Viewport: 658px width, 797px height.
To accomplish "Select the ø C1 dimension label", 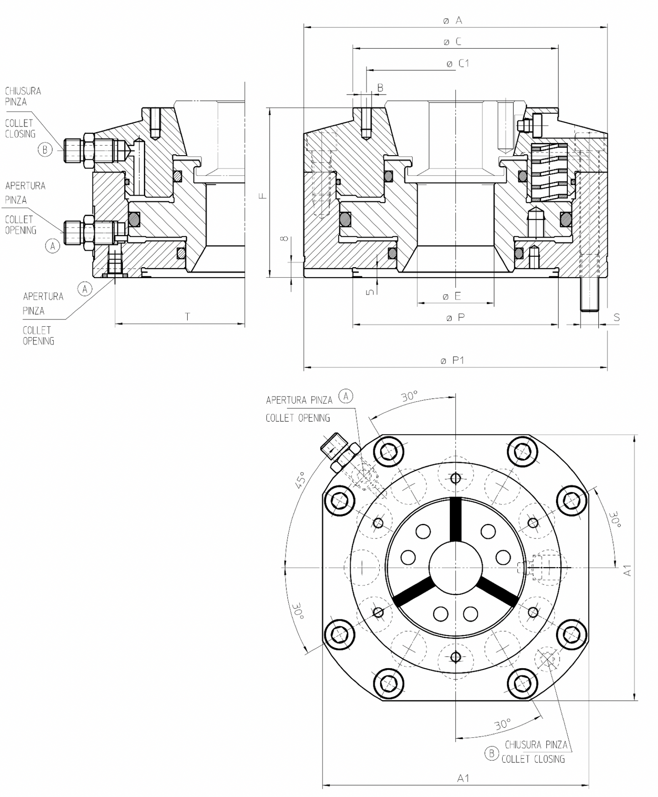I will pyautogui.click(x=458, y=63).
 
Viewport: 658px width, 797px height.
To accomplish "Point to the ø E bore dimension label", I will pyautogui.click(x=452, y=296).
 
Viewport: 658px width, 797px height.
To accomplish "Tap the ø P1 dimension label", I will pyautogui.click(x=452, y=360).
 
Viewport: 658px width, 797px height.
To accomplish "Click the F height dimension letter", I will pyautogui.click(x=263, y=196).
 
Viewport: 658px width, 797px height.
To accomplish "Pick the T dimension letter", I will pyautogui.click(x=187, y=317).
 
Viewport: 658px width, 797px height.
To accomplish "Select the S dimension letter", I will pyautogui.click(x=617, y=317).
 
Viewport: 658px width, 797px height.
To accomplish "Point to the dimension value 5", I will pyautogui.click(x=371, y=291).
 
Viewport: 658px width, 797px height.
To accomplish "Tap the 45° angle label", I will pyautogui.click(x=300, y=480).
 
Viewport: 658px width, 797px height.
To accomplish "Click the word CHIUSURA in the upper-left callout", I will pyautogui.click(x=23, y=91).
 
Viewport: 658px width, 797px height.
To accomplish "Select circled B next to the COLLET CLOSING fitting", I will pyautogui.click(x=45, y=149).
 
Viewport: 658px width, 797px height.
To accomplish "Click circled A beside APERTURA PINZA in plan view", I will pyautogui.click(x=346, y=396).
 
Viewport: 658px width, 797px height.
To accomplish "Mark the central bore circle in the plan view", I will pyautogui.click(x=455, y=567).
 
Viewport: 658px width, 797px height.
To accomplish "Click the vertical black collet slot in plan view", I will pyautogui.click(x=455, y=519).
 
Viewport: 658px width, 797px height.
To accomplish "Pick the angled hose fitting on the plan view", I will pyautogui.click(x=340, y=452).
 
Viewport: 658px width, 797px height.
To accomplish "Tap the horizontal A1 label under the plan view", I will pyautogui.click(x=463, y=778).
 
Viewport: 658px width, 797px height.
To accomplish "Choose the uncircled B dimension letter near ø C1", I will pyautogui.click(x=380, y=87).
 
